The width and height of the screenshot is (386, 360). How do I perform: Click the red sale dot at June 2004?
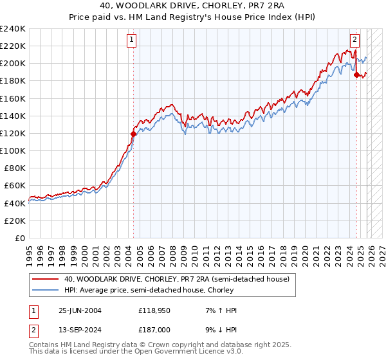click(x=133, y=134)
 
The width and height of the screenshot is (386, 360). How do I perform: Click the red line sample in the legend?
click(x=46, y=279)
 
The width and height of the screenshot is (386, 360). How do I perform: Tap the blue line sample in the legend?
click(x=46, y=290)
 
